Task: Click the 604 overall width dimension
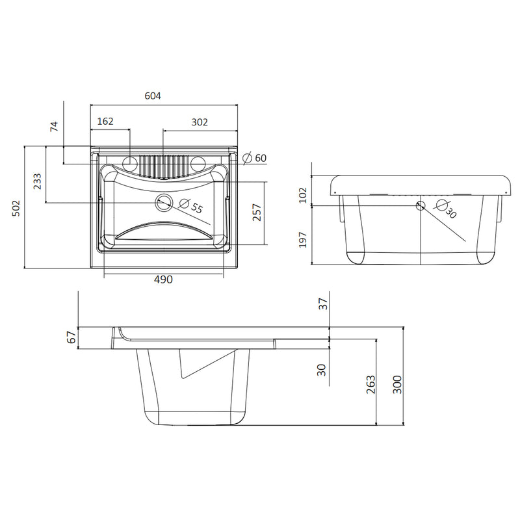153,96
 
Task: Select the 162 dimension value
105,122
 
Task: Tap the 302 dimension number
200,122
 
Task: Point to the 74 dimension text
54,126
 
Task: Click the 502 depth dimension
16,208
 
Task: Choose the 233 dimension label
38,181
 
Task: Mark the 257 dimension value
257,213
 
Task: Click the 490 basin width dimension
164,279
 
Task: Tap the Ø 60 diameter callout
255,158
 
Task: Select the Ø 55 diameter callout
190,205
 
